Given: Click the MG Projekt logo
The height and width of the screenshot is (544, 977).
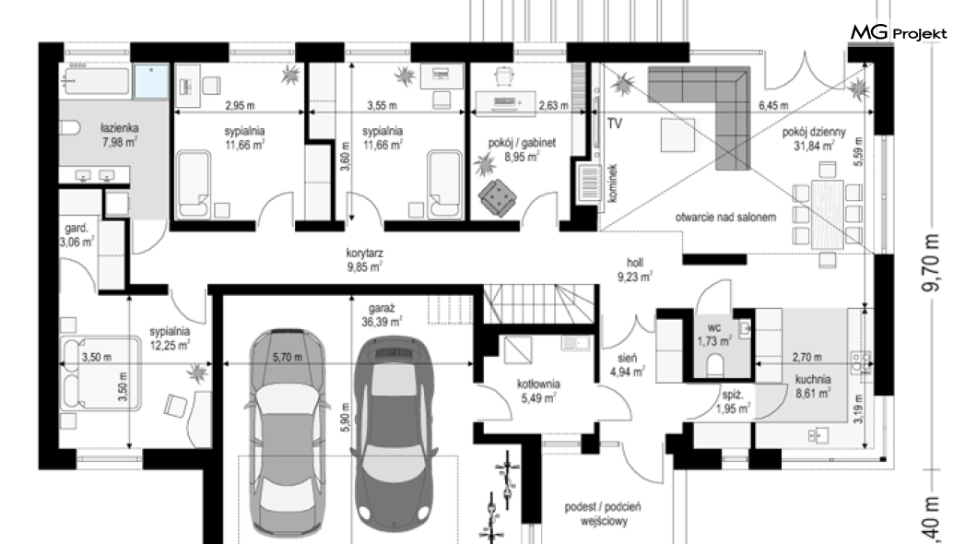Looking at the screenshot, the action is point(899,32).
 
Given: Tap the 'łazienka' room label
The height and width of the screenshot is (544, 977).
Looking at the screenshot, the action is point(120,128).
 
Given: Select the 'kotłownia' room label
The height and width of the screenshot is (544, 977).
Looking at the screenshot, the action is point(538,384).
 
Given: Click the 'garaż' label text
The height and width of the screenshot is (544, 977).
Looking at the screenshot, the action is point(382,308).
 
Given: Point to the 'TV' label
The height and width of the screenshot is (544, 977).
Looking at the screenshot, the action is point(615,124).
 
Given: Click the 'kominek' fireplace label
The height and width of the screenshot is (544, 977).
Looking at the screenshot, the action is point(613,183).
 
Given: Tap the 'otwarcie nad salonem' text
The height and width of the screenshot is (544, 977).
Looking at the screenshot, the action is point(726,218).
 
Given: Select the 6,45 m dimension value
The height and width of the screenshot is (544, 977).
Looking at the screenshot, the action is point(773,105).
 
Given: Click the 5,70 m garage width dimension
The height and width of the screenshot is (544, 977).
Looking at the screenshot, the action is point(288,357).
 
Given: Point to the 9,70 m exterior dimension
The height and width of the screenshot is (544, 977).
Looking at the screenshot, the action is point(932,263).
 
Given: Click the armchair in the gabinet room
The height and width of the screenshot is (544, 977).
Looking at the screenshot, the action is point(498,198).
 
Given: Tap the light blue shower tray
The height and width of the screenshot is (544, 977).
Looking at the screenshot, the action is point(151,81).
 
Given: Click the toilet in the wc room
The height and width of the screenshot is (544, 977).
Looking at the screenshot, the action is point(716,365).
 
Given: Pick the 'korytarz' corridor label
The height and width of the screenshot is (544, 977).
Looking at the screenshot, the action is point(364,254).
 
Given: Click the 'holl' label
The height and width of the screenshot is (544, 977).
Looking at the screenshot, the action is point(635,263).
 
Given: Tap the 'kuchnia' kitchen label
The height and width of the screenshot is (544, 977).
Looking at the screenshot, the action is point(813,379).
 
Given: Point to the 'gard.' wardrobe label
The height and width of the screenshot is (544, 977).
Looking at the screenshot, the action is point(77,228).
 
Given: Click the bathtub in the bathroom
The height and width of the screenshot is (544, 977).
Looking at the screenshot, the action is point(96,80).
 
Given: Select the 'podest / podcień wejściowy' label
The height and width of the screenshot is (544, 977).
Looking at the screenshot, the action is point(603,514).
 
